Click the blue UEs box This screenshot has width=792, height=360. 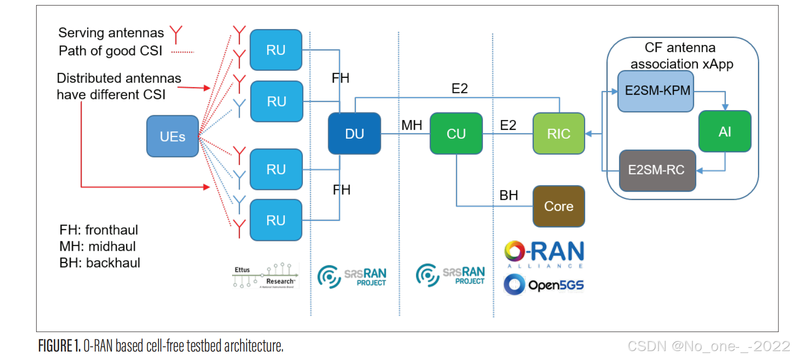173,136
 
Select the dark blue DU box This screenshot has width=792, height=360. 354,134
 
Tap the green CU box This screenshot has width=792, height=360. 456,134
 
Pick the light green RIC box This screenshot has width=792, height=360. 558,134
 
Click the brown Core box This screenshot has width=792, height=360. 558,206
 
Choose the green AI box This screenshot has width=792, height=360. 724,132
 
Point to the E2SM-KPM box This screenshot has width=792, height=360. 656,91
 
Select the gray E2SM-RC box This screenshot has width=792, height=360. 657,170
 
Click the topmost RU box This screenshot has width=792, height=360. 276,50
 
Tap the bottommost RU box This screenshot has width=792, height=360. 276,220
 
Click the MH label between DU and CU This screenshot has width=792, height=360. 412,125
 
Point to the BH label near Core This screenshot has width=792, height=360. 509,195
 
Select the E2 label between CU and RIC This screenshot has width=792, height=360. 508,125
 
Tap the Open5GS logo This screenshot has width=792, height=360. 544,285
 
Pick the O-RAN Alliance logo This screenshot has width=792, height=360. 544,254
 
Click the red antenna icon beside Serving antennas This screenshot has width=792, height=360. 176,34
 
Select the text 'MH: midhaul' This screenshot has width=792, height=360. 98,246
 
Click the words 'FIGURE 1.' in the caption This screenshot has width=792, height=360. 59,346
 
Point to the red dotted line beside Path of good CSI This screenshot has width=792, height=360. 182,52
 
